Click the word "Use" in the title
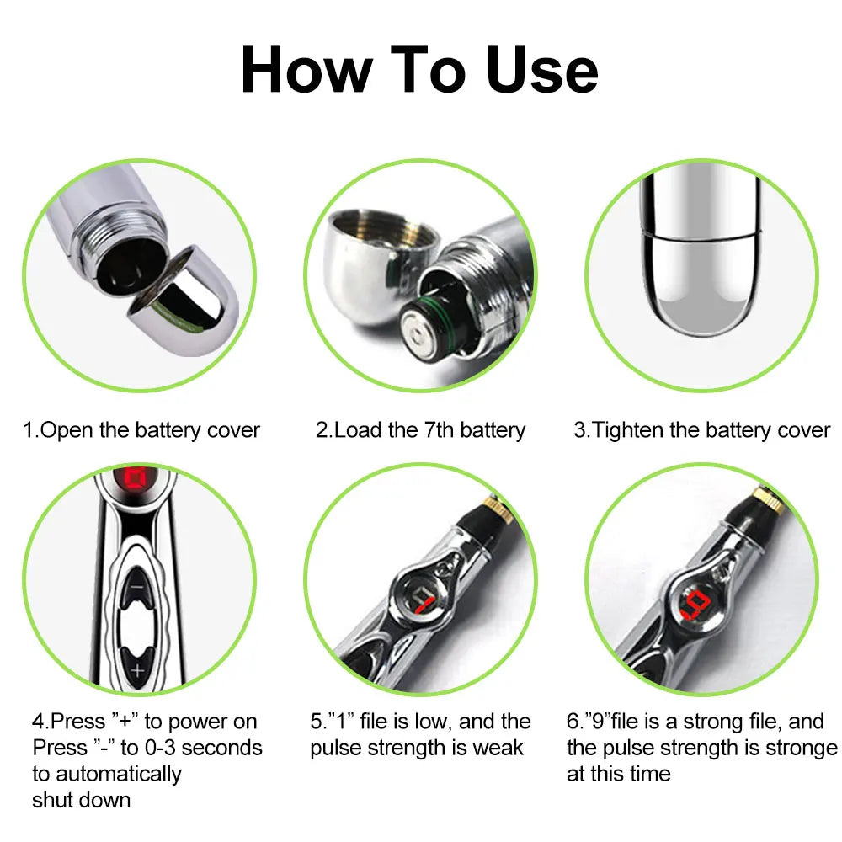(x=541, y=71)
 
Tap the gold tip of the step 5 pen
(x=492, y=506)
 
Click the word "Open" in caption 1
(x=67, y=430)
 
